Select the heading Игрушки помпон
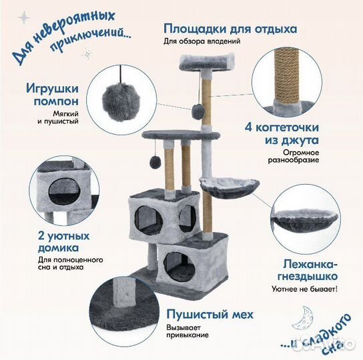[53, 95]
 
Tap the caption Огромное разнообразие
[290, 155]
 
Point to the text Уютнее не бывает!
[304, 289]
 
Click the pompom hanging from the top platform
[198, 113]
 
